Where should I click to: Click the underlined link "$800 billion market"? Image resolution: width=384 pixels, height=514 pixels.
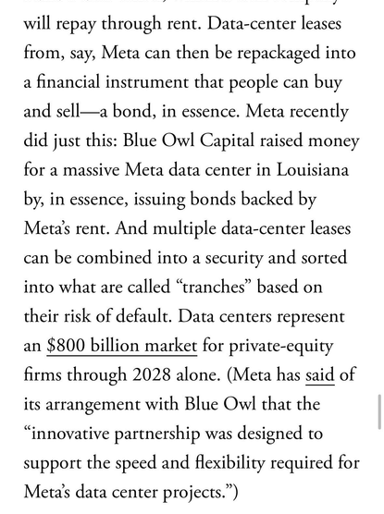click(x=121, y=347)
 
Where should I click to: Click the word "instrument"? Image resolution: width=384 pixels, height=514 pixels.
click(x=155, y=82)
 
